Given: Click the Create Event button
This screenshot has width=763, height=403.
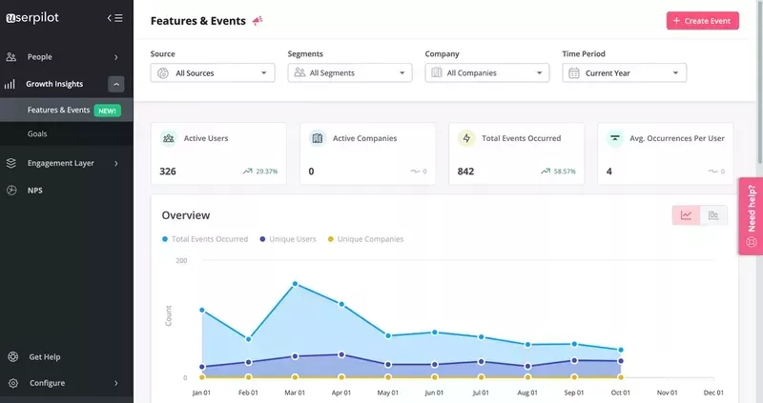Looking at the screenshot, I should [x=702, y=21].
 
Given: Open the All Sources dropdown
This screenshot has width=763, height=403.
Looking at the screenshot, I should [x=213, y=72].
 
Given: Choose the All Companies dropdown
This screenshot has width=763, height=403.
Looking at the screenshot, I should [x=487, y=72].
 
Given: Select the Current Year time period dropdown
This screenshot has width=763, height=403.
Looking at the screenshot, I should [x=624, y=72].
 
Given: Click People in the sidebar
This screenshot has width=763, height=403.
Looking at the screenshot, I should [x=40, y=57].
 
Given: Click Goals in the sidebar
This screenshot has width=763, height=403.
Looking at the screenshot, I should [x=37, y=133].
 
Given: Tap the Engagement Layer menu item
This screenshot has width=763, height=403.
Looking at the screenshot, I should [x=60, y=163].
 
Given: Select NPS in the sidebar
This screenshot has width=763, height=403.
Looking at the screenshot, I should [x=34, y=191].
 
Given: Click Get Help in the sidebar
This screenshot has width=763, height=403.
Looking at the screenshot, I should [x=44, y=357].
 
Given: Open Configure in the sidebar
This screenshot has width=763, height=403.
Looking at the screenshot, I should [x=47, y=383].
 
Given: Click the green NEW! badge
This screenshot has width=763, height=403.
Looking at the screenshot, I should [x=107, y=111].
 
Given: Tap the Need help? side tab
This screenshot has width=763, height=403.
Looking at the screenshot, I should [x=751, y=216].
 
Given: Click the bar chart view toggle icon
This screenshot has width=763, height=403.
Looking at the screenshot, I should [x=713, y=215].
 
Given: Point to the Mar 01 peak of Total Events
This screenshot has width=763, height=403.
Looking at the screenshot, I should [x=295, y=284].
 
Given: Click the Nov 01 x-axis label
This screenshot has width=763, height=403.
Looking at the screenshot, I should [x=668, y=393].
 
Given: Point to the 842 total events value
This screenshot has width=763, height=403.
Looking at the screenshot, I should [x=465, y=171].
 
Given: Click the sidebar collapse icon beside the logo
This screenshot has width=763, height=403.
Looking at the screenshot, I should [x=114, y=18].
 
